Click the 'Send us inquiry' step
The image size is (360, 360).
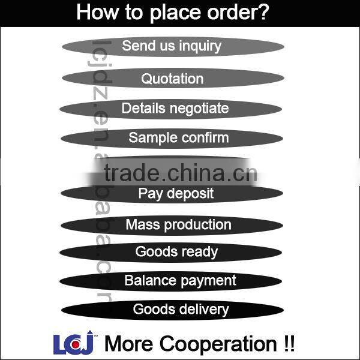pyautogui.click(x=172, y=46)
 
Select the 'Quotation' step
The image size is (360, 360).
pyautogui.click(x=172, y=79)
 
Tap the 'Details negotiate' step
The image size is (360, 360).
pyautogui.click(x=175, y=109)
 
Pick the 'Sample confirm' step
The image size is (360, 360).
pyautogui.click(x=178, y=138)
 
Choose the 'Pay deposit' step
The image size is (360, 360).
pyautogui.click(x=176, y=193)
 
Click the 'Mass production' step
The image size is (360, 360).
pyautogui.click(x=178, y=225)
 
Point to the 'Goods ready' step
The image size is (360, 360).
pyautogui.click(x=176, y=252)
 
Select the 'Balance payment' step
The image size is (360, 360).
pyautogui.click(x=180, y=280)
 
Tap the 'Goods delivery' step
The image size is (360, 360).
pyautogui.click(x=181, y=310)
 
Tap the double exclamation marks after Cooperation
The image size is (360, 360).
pyautogui.click(x=288, y=344)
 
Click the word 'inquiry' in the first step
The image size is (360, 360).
pyautogui.click(x=197, y=46)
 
